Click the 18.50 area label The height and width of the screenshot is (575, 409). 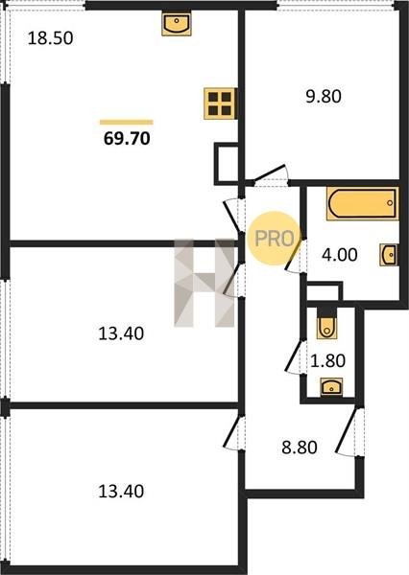pyautogui.click(x=50, y=38)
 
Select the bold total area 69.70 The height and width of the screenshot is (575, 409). pyautogui.click(x=127, y=139)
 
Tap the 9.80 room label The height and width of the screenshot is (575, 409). pyautogui.click(x=324, y=97)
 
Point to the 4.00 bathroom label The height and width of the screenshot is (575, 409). pyautogui.click(x=340, y=255)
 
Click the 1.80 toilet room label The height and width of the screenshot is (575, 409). pyautogui.click(x=327, y=360)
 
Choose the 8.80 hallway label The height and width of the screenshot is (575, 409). pyautogui.click(x=300, y=448)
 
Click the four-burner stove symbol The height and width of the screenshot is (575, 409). pyautogui.click(x=220, y=103)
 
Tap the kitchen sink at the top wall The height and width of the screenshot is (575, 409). pyautogui.click(x=177, y=24)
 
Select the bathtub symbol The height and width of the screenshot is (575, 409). pyautogui.click(x=362, y=203)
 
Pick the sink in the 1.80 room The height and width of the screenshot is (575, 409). pyautogui.click(x=331, y=387)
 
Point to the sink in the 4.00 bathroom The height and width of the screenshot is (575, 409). pyautogui.click(x=389, y=255)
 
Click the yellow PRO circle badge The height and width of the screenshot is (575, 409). pyautogui.click(x=274, y=239)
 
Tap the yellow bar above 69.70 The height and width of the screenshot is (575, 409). pyautogui.click(x=127, y=122)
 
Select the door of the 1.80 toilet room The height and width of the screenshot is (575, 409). pyautogui.click(x=295, y=356)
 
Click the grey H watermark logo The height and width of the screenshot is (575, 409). pyautogui.click(x=204, y=283)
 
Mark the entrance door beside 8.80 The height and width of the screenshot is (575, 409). pyautogui.click(x=348, y=432)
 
